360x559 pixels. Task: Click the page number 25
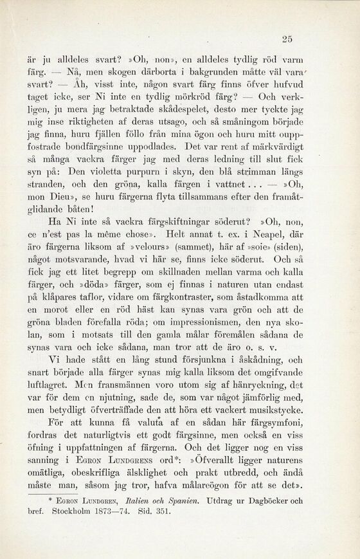(x=287, y=39)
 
